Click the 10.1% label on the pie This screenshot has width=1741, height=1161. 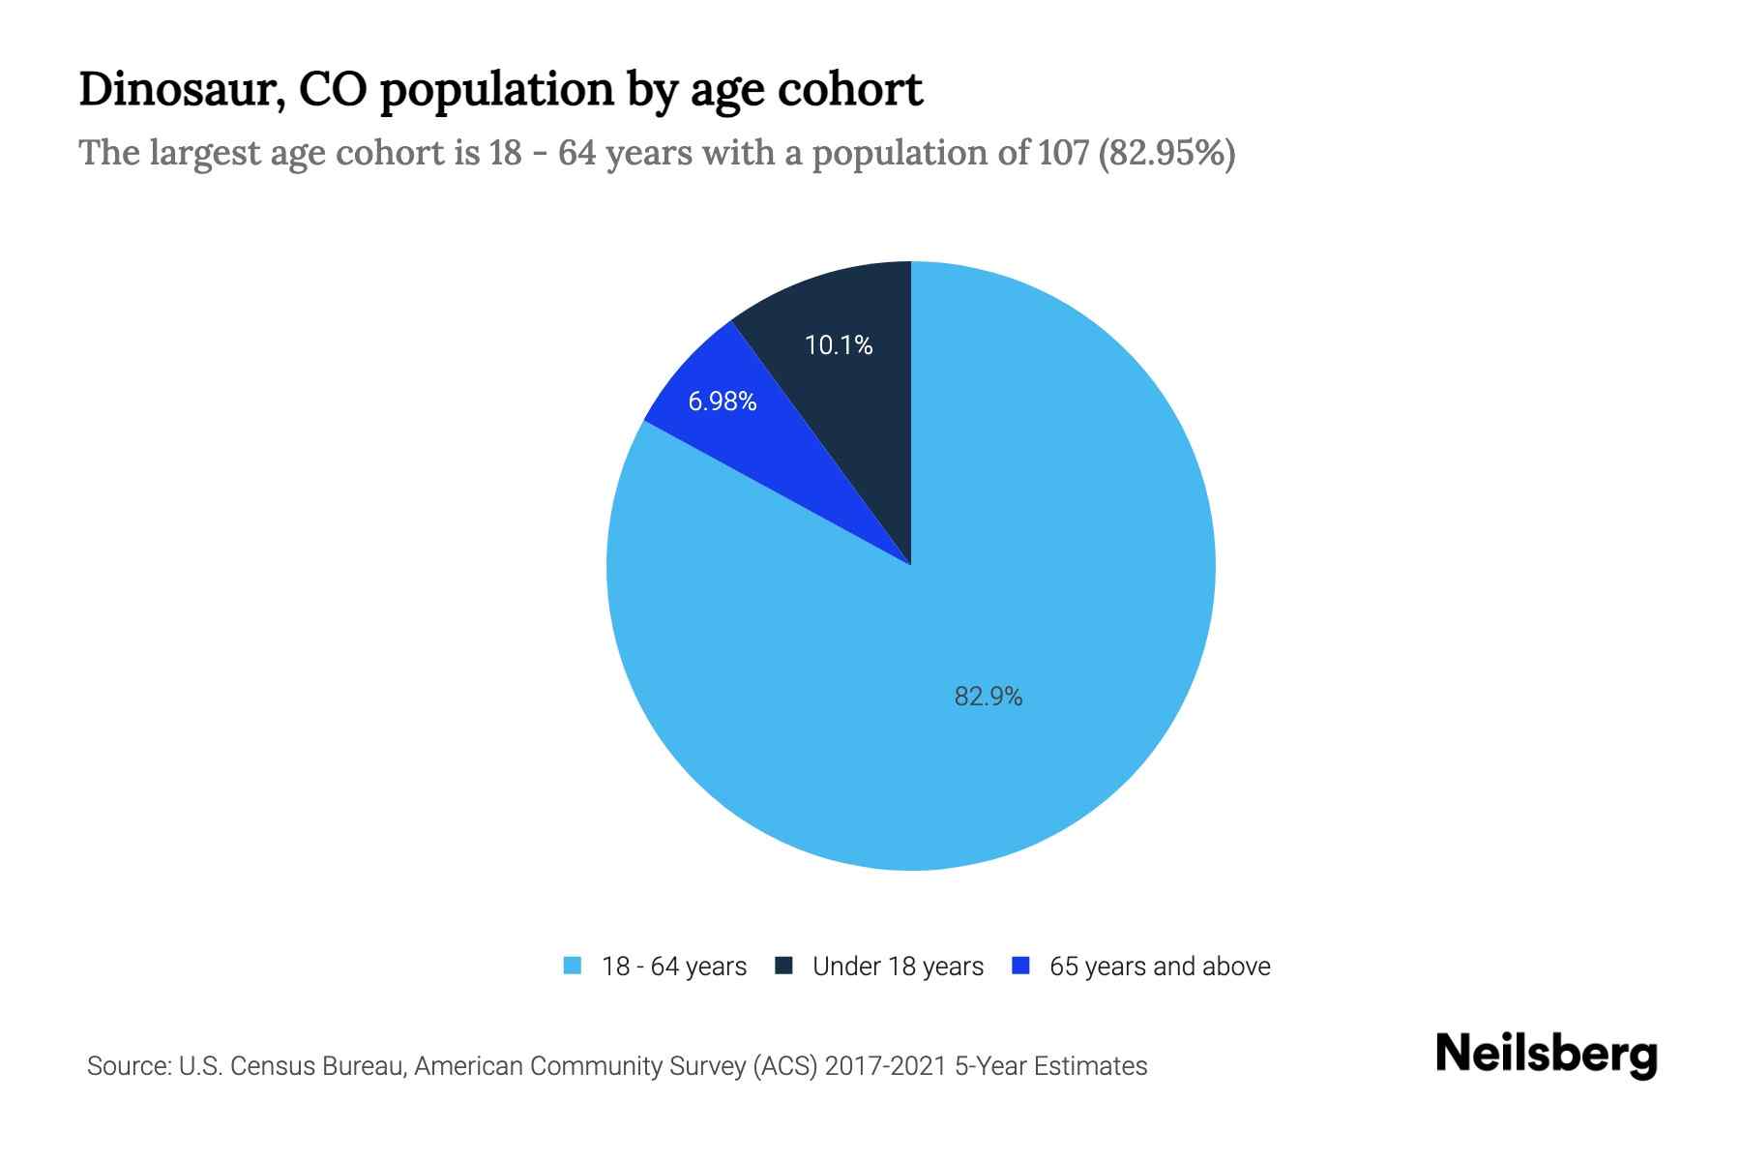tap(839, 345)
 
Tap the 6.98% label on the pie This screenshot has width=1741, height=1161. tap(722, 402)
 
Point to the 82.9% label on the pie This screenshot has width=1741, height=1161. tap(988, 697)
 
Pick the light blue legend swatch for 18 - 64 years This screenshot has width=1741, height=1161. tap(573, 967)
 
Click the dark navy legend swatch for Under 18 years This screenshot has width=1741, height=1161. tap(784, 967)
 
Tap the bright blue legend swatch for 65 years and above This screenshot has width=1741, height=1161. tap(1020, 967)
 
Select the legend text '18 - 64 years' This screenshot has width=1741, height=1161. tap(674, 967)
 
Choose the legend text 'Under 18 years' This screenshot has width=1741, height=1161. tap(898, 967)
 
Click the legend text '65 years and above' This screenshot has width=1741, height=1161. tap(1160, 967)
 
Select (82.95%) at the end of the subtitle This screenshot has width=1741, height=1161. tap(1167, 153)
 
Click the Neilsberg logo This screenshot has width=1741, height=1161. tap(1546, 1055)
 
